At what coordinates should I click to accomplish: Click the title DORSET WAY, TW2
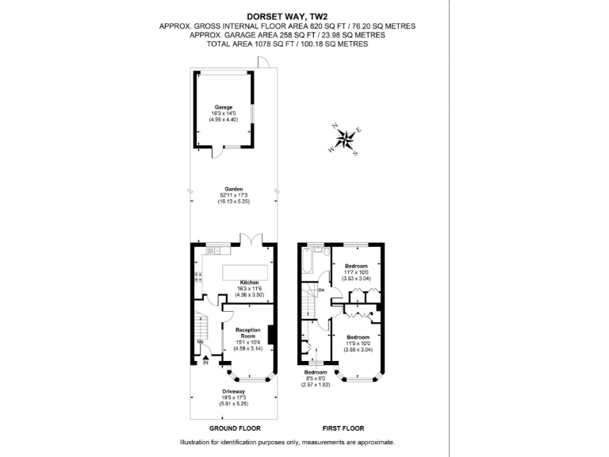click(x=287, y=15)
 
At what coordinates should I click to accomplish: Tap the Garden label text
click(x=232, y=189)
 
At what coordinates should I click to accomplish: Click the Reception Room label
click(x=249, y=333)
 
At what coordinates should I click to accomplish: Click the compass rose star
click(x=346, y=140)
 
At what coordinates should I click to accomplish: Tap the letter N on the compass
click(x=335, y=125)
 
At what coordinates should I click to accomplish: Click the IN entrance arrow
click(x=205, y=363)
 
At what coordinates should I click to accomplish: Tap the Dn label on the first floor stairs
click(x=320, y=290)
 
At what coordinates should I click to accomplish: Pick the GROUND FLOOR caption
click(x=234, y=428)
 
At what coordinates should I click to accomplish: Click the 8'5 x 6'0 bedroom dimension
click(x=316, y=378)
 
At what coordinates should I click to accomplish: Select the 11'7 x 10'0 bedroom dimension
click(x=356, y=272)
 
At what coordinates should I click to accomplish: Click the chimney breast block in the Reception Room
click(x=271, y=335)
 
